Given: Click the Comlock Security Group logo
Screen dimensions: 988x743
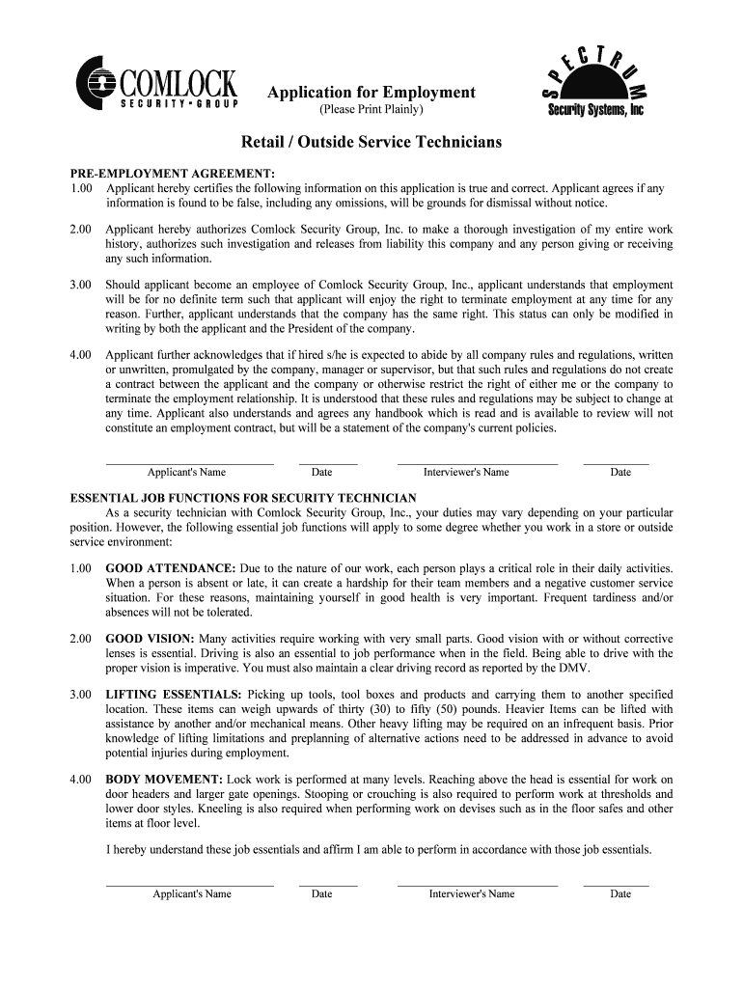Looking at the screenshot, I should click(156, 86).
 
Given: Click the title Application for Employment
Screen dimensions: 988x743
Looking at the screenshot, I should click(371, 93).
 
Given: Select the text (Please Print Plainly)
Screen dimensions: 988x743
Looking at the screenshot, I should click(371, 111).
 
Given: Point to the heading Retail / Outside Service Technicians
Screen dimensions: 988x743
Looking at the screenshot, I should click(371, 142).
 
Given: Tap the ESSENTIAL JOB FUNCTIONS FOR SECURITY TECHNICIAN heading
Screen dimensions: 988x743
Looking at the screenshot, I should click(243, 498).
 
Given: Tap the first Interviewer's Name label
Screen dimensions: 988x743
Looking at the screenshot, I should click(466, 472).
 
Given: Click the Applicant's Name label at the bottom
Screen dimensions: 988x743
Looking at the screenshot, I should click(192, 893).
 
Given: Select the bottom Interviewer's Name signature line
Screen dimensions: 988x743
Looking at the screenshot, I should click(477, 884).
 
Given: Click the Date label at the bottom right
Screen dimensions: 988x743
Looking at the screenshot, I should click(620, 893).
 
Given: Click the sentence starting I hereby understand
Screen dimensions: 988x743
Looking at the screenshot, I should click(378, 850).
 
